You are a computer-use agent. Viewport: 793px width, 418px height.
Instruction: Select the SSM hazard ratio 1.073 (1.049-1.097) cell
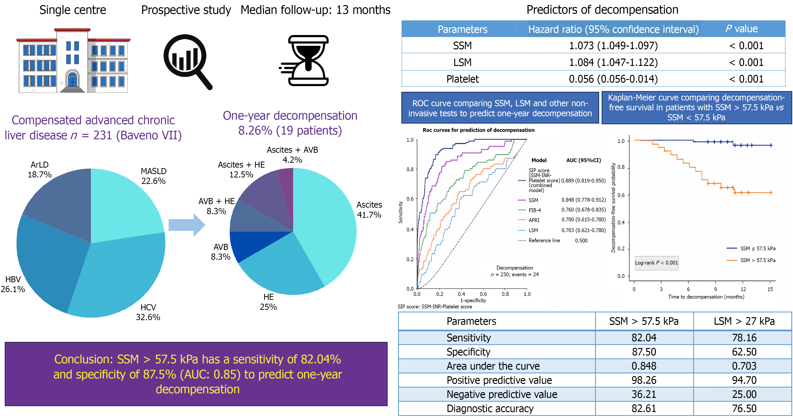pyautogui.click(x=613, y=46)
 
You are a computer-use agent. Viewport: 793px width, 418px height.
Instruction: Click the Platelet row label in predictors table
pyautogui.click(x=462, y=79)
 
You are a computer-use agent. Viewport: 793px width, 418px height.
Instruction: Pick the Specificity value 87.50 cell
pyautogui.click(x=644, y=352)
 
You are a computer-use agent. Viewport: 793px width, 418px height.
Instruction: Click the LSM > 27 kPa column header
pyautogui.click(x=744, y=321)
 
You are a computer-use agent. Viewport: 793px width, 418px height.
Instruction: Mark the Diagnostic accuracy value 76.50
pyautogui.click(x=744, y=408)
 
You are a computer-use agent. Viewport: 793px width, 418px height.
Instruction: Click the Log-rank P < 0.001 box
pyautogui.click(x=656, y=263)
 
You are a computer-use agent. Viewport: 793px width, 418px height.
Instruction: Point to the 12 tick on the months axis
pyautogui.click(x=743, y=289)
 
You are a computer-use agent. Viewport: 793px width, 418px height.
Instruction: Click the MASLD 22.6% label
pyautogui.click(x=153, y=176)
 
